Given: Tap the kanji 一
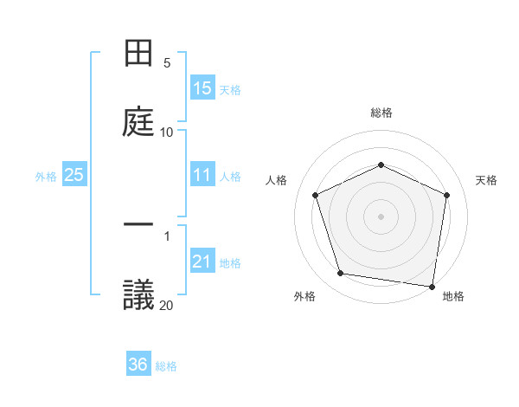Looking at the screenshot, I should click(x=139, y=225).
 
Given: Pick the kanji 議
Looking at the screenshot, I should click(x=139, y=294).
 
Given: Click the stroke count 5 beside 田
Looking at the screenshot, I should click(x=167, y=62).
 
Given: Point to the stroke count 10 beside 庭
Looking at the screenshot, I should click(x=166, y=132).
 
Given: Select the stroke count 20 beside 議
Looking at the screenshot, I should click(x=166, y=304).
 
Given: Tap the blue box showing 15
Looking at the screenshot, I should click(x=202, y=88).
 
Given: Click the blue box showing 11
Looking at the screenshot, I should click(x=202, y=175).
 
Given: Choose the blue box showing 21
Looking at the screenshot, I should click(x=202, y=262).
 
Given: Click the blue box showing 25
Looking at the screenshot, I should click(x=74, y=175).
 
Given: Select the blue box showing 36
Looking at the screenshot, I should click(x=138, y=365).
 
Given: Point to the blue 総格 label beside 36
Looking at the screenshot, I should click(x=166, y=366).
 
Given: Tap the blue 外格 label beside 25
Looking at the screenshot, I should click(x=46, y=177).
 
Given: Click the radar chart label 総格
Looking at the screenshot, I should click(x=381, y=113).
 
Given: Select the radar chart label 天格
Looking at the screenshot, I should click(x=486, y=180).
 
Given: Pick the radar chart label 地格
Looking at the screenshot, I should click(x=453, y=296).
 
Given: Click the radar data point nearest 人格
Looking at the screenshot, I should click(x=316, y=195).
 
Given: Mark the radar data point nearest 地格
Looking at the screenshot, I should click(x=432, y=286).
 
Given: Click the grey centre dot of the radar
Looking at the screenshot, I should click(x=381, y=216).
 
